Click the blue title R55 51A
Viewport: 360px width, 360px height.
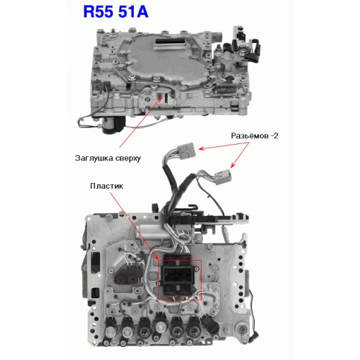(116, 12)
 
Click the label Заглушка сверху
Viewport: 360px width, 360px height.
(108, 158)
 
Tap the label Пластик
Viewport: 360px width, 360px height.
(107, 186)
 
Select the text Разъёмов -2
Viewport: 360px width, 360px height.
(254, 136)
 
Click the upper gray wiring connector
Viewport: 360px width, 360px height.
(187, 149)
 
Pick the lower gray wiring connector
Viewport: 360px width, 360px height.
(222, 177)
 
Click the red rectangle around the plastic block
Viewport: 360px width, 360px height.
(180, 279)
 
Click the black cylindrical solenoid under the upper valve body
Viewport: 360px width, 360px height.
(113, 125)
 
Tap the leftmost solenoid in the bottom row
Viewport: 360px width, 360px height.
(110, 329)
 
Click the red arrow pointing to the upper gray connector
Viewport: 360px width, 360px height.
(224, 146)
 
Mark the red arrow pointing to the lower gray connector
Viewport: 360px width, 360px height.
(240, 155)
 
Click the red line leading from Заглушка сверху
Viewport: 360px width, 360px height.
(141, 122)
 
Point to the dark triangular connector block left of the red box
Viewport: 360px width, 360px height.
(127, 275)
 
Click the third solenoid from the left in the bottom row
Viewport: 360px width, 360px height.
(145, 329)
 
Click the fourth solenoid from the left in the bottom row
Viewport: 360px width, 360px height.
(160, 328)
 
